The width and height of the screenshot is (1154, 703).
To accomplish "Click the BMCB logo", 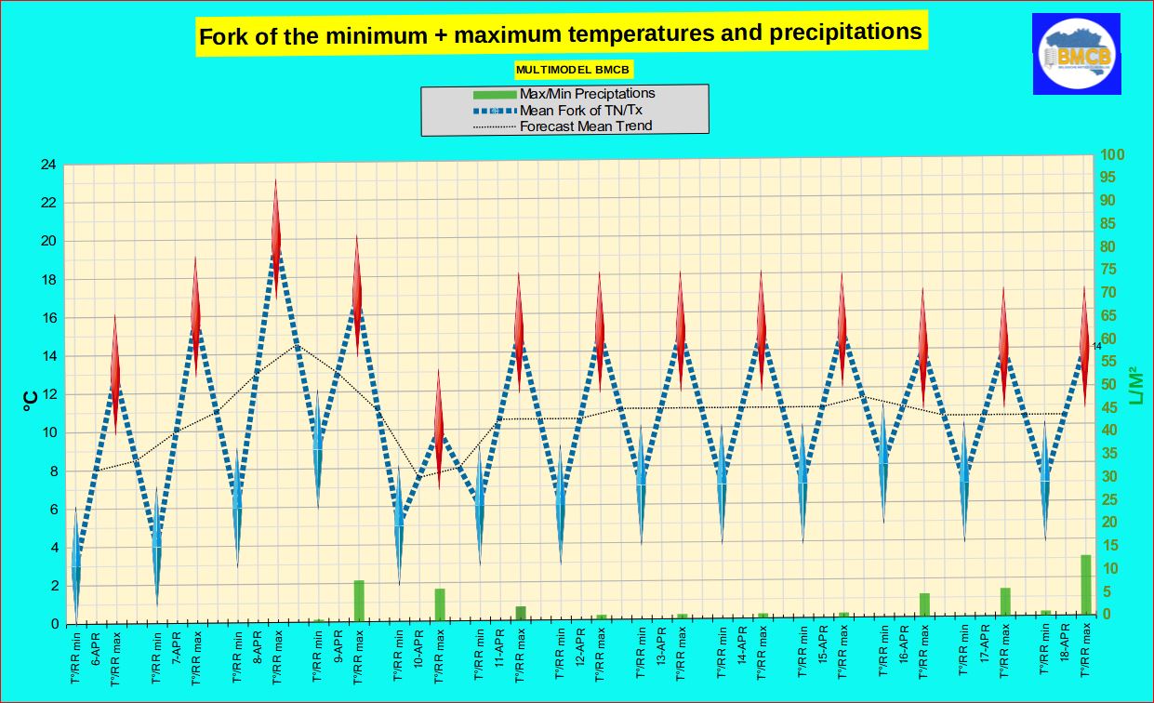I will [1076, 54].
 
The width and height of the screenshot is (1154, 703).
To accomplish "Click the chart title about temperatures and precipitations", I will [560, 34].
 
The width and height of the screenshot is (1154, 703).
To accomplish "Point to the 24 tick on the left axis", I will [46, 165].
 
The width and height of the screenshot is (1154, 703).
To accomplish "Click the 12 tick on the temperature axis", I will [46, 394].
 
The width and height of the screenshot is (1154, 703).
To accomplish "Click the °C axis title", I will [29, 400].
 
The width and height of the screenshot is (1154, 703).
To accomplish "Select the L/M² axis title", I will [1135, 386].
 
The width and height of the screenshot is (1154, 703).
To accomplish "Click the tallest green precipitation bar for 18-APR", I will [1085, 584].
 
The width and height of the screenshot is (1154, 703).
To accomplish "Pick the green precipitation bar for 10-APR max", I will [440, 604].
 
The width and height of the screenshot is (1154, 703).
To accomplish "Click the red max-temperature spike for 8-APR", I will [276, 237].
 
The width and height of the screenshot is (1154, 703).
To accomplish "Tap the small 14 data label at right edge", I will [1096, 346].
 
